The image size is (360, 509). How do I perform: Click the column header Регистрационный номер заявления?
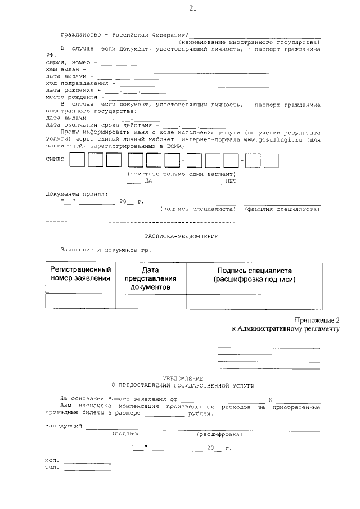pyautogui.click(x=80, y=274)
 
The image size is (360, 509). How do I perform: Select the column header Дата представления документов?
pyautogui.click(x=150, y=278)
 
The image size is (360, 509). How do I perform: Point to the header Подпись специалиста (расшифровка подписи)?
pyautogui.click(x=254, y=274)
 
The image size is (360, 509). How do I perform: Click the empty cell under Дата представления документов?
pyautogui.click(x=150, y=301)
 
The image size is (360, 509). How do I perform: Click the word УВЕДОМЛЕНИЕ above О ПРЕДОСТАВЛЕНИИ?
pyautogui.click(x=183, y=379)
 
